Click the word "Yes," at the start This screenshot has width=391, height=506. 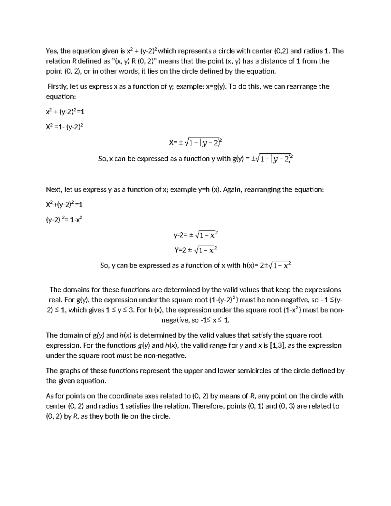(52, 51)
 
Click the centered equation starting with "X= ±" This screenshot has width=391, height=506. (195, 142)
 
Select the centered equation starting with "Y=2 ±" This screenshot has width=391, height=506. (195, 250)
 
